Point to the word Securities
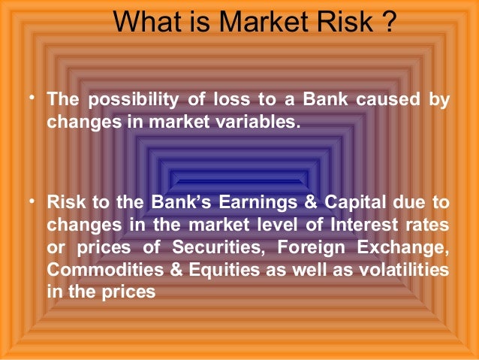218,246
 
